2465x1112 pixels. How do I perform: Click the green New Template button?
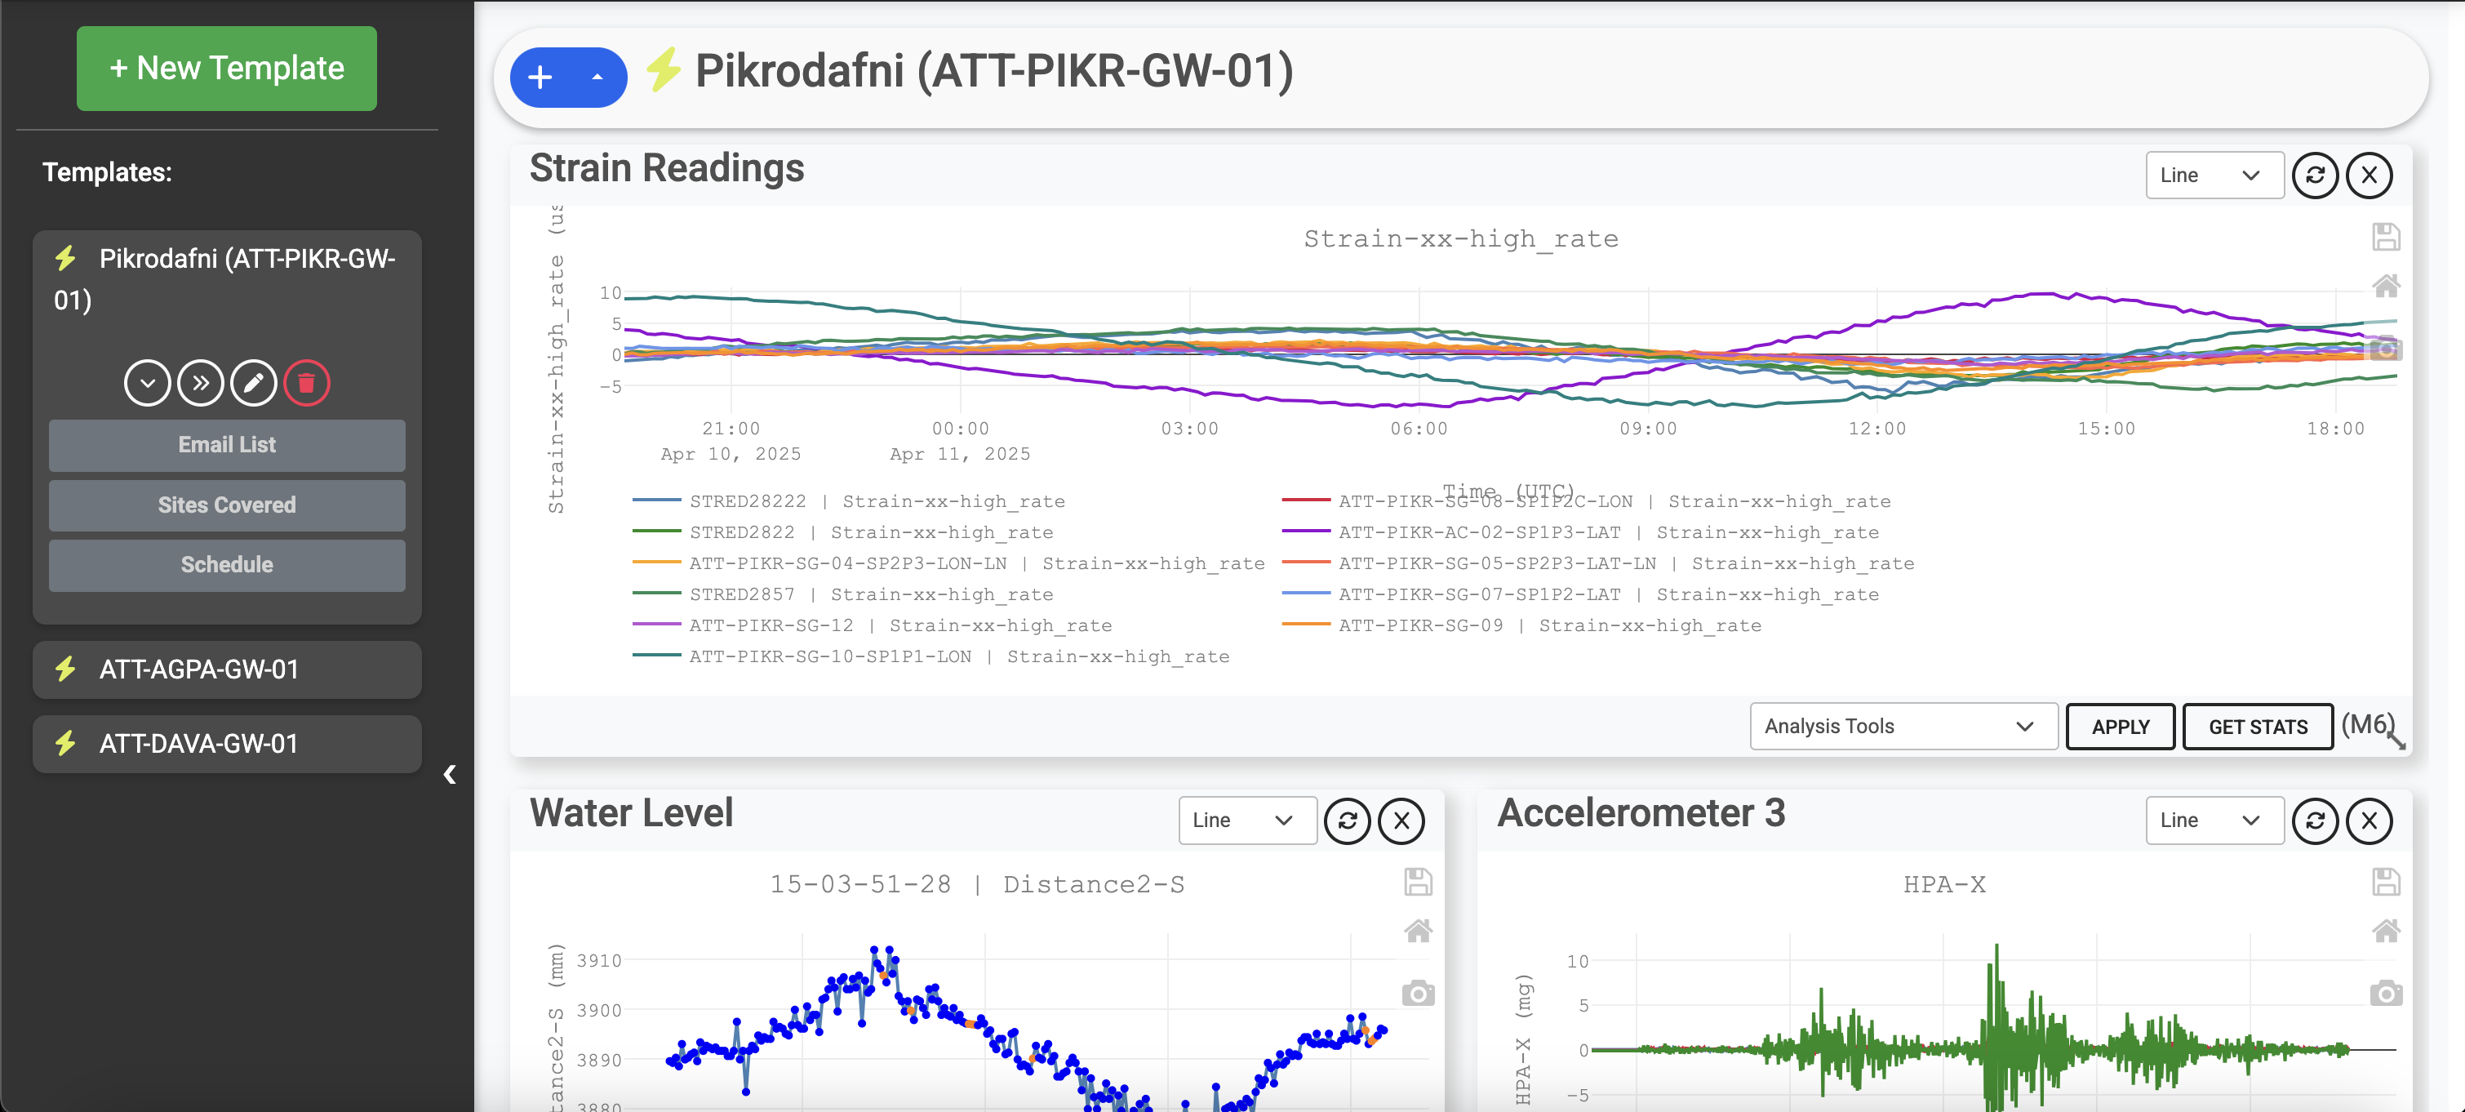click(227, 68)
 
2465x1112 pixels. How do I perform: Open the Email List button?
click(227, 445)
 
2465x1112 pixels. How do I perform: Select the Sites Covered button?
click(227, 505)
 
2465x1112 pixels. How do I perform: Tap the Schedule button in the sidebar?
click(227, 565)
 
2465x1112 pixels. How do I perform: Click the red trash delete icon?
click(306, 384)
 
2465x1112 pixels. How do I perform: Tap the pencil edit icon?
click(254, 384)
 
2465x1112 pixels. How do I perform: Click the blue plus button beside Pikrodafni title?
click(540, 78)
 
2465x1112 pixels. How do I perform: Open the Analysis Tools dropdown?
click(1903, 727)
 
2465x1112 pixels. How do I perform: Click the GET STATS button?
click(2258, 727)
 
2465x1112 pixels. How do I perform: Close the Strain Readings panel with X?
click(2369, 175)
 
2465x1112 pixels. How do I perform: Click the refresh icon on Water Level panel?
click(1348, 821)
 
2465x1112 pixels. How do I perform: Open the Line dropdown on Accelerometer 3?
click(2214, 821)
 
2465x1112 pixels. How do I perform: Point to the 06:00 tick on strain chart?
click(1419, 428)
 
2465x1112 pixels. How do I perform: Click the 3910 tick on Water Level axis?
click(599, 960)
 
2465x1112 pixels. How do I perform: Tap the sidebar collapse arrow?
click(450, 774)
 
